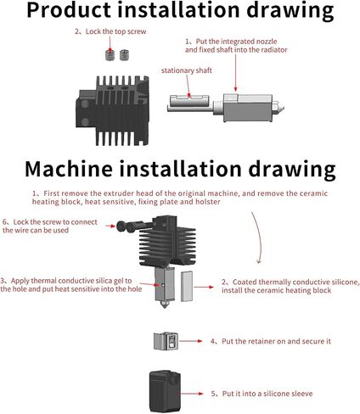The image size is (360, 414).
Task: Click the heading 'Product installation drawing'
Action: (180, 11)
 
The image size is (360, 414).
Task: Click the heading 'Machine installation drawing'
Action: (180, 169)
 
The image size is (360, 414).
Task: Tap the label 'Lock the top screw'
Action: (115, 31)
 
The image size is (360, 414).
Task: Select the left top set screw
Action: (110, 55)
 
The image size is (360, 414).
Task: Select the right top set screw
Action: (124, 55)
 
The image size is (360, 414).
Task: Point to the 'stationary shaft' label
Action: (187, 70)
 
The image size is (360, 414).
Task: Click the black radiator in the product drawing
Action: (112, 110)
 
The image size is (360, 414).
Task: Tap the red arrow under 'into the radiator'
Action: (235, 73)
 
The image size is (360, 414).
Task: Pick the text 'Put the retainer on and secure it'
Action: (276, 341)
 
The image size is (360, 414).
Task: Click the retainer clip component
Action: (166, 341)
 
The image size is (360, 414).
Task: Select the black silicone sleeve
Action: (165, 391)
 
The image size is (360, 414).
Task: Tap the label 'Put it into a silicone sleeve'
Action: (267, 394)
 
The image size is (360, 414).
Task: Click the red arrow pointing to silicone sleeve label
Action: (192, 394)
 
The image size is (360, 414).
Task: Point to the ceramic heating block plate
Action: (187, 286)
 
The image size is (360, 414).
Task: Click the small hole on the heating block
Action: (163, 285)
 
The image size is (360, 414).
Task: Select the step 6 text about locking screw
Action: (50, 226)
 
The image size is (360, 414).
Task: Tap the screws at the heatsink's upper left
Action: (131, 227)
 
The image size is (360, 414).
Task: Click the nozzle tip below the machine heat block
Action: (165, 305)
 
